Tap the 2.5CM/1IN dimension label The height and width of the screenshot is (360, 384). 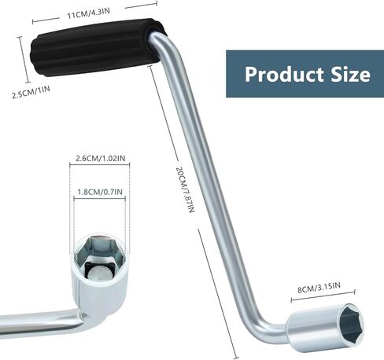tap(31, 92)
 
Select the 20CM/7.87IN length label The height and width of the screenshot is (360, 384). tap(185, 189)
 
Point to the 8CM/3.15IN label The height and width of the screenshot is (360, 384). tap(319, 287)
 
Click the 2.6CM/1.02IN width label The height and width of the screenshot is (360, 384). tap(100, 158)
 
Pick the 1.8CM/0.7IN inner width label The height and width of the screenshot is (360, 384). tap(100, 192)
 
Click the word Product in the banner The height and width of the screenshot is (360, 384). tap(284, 75)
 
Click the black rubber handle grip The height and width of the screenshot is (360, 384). tap(97, 47)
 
